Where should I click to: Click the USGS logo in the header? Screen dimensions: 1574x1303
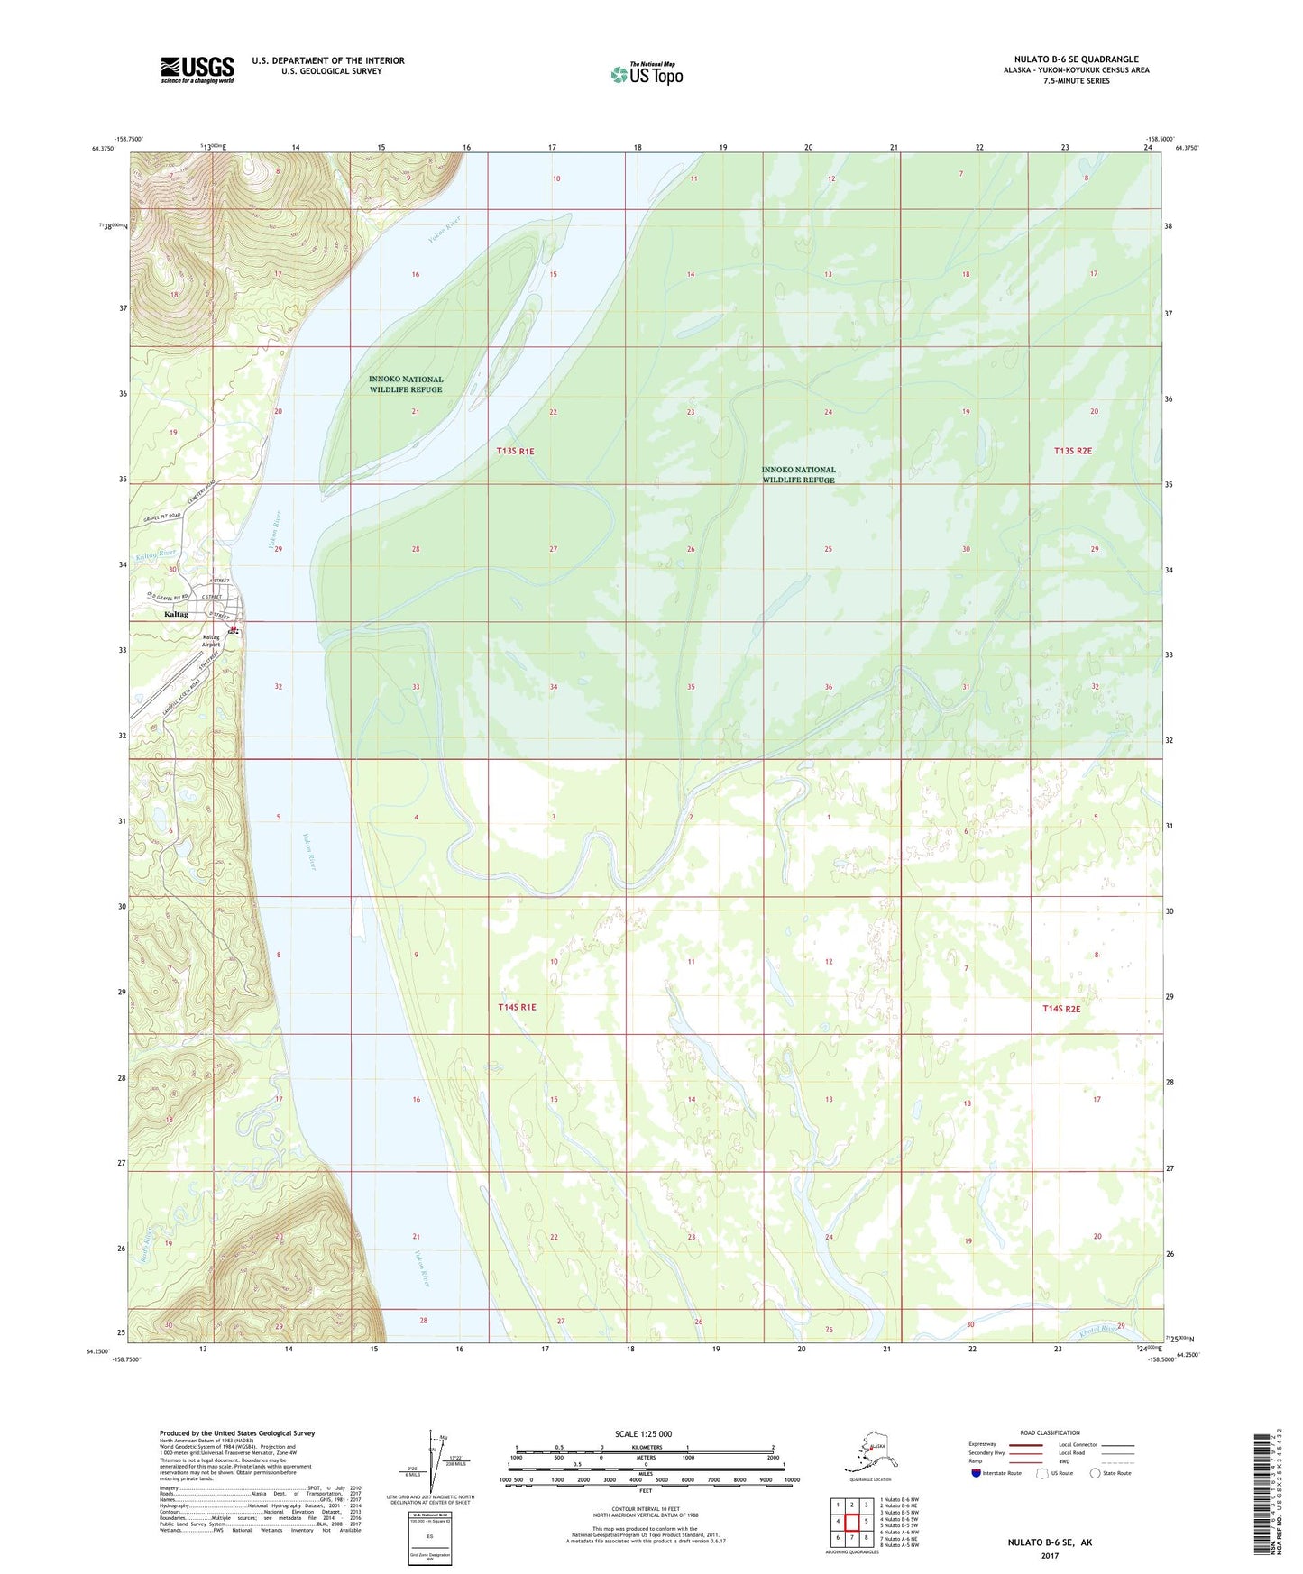click(197, 69)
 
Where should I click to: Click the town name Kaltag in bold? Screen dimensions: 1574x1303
click(177, 614)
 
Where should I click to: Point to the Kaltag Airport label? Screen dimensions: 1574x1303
click(210, 641)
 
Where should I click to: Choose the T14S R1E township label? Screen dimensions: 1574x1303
click(517, 1007)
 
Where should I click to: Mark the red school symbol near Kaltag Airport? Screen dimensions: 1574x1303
click(234, 629)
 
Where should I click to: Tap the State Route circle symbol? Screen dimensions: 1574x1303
click(1096, 1473)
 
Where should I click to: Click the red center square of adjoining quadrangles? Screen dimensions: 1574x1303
click(851, 1521)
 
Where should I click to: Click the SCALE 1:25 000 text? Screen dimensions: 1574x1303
click(645, 1433)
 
